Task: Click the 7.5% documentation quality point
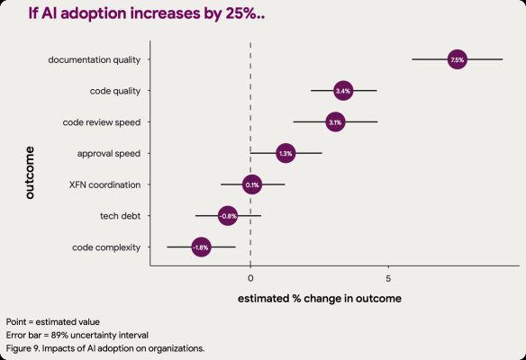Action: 457,59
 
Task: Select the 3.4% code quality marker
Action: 342,91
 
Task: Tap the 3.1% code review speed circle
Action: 335,121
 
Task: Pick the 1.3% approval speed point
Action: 286,153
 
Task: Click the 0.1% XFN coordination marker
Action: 252,184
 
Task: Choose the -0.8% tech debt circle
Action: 228,216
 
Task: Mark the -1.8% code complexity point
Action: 201,247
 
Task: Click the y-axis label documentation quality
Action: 99,60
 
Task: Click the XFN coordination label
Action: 104,184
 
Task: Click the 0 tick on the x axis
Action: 250,268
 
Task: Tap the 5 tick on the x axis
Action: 388,268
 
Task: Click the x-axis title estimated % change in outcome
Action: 319,297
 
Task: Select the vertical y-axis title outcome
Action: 29,171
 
